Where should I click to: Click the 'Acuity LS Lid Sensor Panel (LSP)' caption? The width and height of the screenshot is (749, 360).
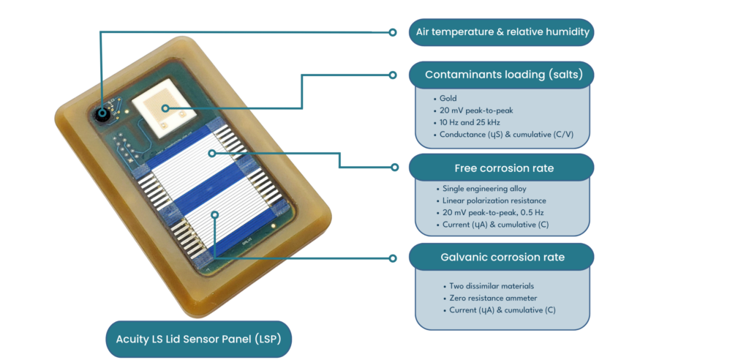pos(198,339)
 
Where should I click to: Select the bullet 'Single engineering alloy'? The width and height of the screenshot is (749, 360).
pos(484,189)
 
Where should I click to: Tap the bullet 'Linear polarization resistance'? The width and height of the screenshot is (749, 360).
pos(494,200)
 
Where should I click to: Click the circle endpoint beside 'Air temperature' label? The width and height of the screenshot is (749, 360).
pos(393,32)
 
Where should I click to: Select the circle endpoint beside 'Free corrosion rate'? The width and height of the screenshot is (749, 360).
pos(394,168)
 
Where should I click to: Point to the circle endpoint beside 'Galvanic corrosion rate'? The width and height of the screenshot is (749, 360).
pos(394,258)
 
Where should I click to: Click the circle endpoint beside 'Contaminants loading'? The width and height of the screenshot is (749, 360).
pos(394,75)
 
